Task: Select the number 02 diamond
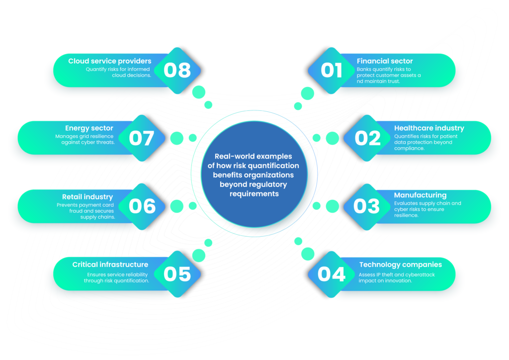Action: pos(368,138)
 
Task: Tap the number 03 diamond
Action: pos(367,206)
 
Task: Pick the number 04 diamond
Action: pos(332,274)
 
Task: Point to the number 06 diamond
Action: pos(142,206)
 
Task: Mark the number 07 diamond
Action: pos(142,138)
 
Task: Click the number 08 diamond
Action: pos(177,71)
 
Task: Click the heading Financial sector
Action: pos(385,61)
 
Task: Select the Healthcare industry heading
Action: pos(429,128)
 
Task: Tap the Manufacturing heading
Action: pos(420,195)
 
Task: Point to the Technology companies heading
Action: pos(400,265)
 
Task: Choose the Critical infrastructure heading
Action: pos(110,265)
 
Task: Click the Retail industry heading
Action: pos(87,197)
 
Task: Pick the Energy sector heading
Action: pos(89,128)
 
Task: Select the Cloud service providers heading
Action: pos(110,61)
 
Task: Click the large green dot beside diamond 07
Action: pos(176,138)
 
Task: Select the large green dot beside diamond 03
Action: pos(333,206)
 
